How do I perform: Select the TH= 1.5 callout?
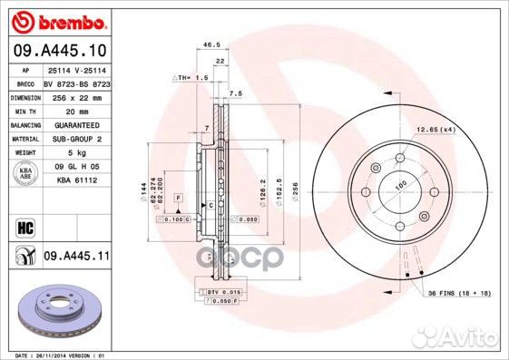point(193,80)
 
